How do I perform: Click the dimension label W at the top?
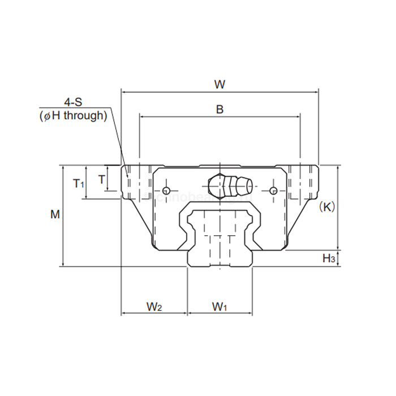coord(219,84)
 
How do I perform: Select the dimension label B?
coord(219,109)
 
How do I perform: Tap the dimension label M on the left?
coord(55,214)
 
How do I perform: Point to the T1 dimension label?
coord(79,183)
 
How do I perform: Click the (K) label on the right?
coord(326,206)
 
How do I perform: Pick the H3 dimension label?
coord(329,259)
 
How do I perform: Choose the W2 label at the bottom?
coord(154,307)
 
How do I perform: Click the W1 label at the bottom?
coord(219,307)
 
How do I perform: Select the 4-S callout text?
coord(74,102)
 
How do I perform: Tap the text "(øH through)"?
coord(74,115)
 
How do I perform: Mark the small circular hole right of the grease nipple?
coord(274,190)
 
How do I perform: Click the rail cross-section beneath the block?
coord(219,238)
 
